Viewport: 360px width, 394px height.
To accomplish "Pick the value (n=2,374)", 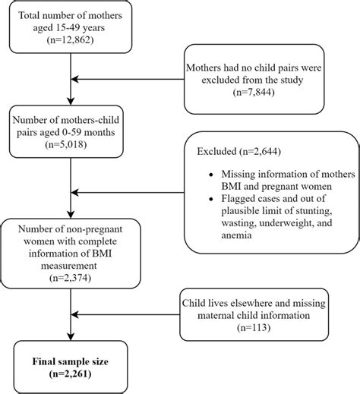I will click(x=70, y=276).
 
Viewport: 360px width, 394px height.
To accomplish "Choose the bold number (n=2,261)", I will click(x=70, y=374).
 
